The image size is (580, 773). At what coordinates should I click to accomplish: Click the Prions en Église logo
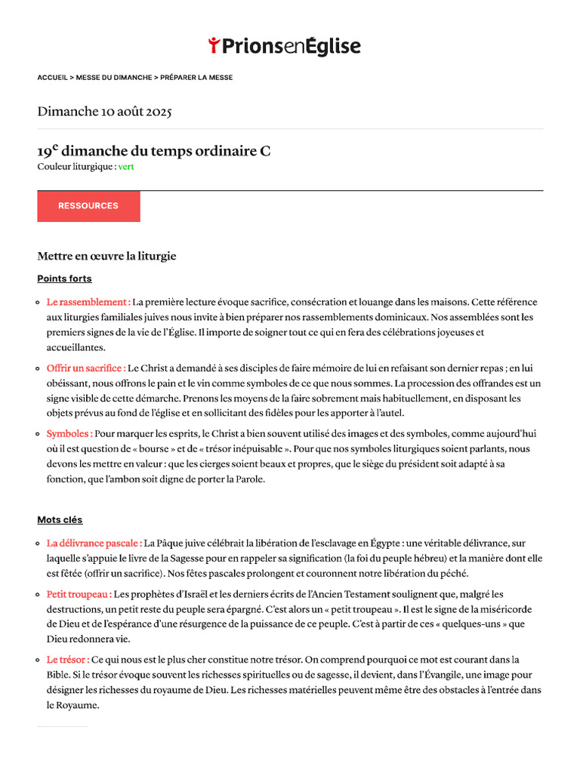pyautogui.click(x=285, y=46)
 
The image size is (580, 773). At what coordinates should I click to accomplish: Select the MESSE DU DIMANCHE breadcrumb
pyautogui.click(x=113, y=78)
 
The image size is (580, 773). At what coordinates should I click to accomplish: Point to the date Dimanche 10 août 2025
pyautogui.click(x=104, y=112)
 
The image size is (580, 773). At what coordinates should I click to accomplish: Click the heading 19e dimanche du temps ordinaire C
pyautogui.click(x=154, y=151)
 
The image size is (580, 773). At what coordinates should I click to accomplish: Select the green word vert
pyautogui.click(x=126, y=167)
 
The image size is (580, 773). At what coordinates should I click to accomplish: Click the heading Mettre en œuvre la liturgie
pyautogui.click(x=106, y=256)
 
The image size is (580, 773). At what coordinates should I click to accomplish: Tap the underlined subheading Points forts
pyautogui.click(x=64, y=279)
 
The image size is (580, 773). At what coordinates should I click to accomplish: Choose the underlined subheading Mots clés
pyautogui.click(x=60, y=520)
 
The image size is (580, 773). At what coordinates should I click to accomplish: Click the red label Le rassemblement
pyautogui.click(x=88, y=302)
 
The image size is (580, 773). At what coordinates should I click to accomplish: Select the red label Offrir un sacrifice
pyautogui.click(x=86, y=368)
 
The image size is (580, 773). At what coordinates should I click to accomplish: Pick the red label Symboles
pyautogui.click(x=69, y=434)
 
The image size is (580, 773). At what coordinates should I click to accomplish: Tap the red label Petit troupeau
pyautogui.click(x=79, y=594)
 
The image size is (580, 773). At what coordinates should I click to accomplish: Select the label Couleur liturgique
pyautogui.click(x=76, y=167)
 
